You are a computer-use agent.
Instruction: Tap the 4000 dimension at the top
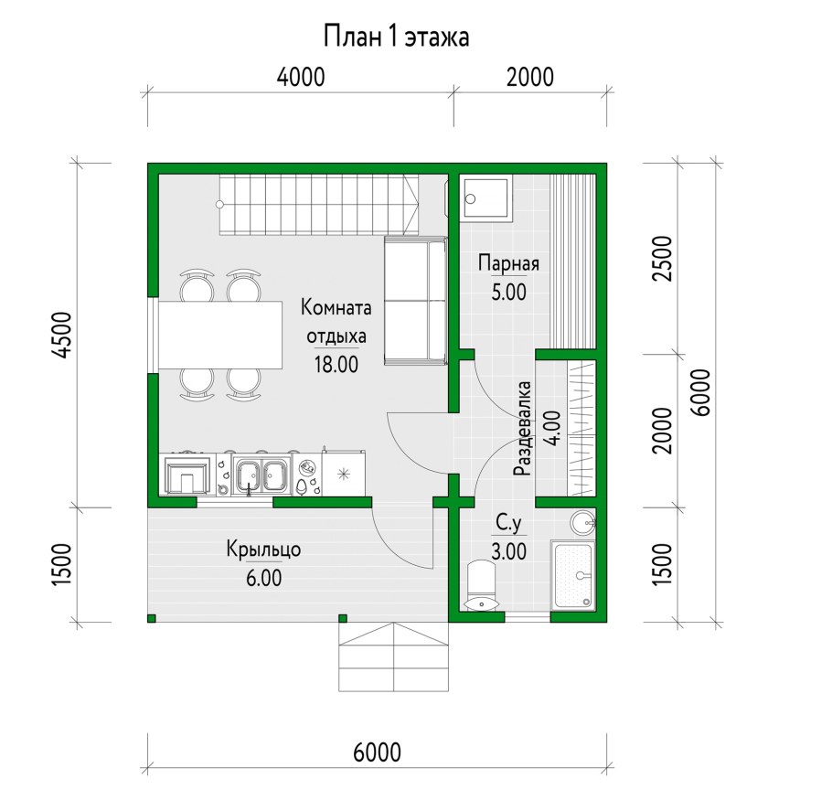click(301, 77)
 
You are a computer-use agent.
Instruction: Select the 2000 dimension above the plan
click(530, 77)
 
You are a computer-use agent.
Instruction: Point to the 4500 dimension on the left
click(62, 336)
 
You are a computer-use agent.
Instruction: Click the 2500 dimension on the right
click(663, 259)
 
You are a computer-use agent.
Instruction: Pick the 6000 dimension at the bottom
click(378, 752)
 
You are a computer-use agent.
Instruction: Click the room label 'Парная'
click(508, 263)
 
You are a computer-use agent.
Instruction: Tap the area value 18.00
click(336, 365)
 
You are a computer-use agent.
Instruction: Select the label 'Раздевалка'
click(522, 428)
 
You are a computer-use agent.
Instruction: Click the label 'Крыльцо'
click(263, 550)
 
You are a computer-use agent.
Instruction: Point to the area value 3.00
click(509, 552)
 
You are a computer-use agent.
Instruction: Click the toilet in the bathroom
click(481, 585)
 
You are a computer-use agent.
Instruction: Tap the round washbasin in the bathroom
click(583, 523)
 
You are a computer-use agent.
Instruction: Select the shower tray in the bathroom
click(573, 575)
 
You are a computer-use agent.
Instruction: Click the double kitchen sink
click(262, 474)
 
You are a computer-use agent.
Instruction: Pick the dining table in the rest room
click(220, 335)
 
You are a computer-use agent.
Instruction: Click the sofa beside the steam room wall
click(415, 301)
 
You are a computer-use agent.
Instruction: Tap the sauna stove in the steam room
click(487, 198)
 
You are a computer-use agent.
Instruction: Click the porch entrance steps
click(394, 657)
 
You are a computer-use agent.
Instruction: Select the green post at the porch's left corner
click(152, 618)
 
